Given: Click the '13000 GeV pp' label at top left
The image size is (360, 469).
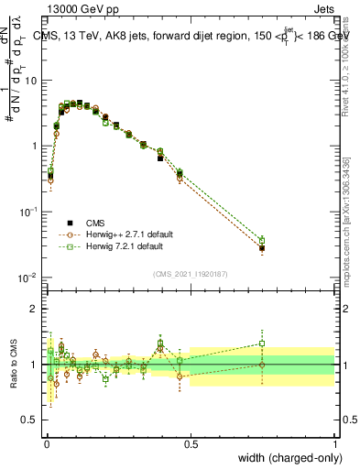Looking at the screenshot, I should [75, 7].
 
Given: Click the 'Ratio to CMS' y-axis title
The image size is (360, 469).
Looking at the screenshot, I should [13, 365].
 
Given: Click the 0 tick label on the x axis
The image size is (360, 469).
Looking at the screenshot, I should [46, 444].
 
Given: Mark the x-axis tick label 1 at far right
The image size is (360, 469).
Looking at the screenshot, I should [335, 444].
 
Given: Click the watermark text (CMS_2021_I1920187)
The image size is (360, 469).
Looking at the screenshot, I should [190, 273].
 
